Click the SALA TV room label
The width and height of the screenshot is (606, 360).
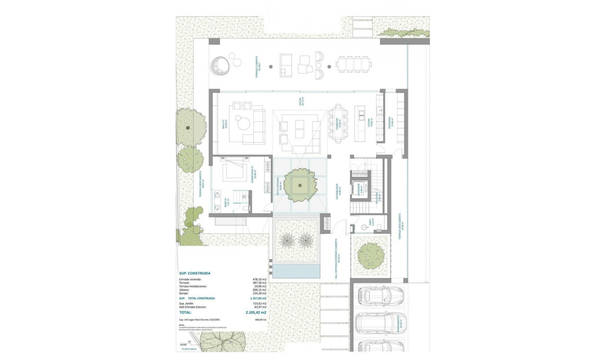pos(224,124)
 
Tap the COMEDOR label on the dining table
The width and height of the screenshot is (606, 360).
pos(337,124)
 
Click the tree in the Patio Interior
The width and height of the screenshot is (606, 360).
pos(300,185)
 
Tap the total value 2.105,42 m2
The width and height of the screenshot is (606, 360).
pos(256,313)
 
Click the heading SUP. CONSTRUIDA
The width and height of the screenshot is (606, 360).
pos(195,273)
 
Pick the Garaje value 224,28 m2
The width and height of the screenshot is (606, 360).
pos(259,293)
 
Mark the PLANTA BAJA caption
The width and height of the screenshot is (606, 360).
pos(189,349)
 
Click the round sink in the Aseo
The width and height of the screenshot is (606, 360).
pos(365,227)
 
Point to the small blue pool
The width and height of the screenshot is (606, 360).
pos(296,271)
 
